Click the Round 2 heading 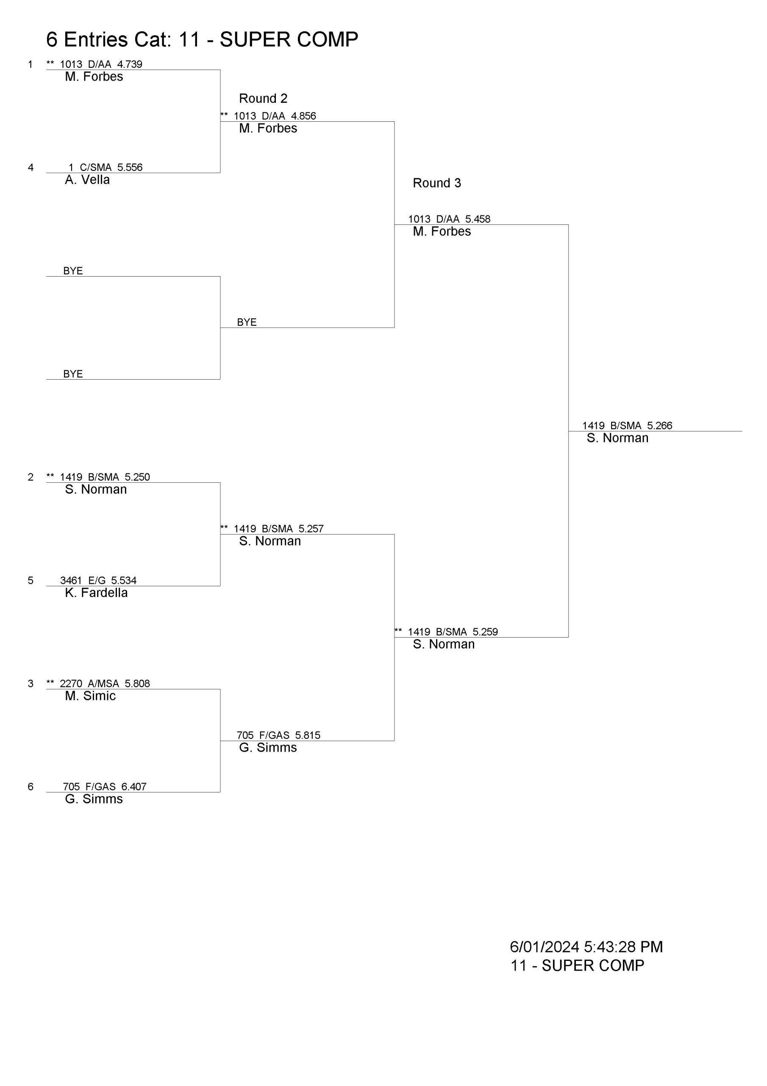263,98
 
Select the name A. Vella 87,180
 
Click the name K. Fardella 97,593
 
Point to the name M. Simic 91,696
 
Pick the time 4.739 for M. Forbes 130,64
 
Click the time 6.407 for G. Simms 134,787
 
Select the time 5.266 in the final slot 660,425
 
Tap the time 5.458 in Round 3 478,219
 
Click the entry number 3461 71,580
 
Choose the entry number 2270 71,683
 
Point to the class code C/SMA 96,168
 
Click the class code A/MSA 103,683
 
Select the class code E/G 97,580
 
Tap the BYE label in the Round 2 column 247,322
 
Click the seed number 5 31,580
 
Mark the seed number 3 31,683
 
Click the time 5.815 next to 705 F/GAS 308,735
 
